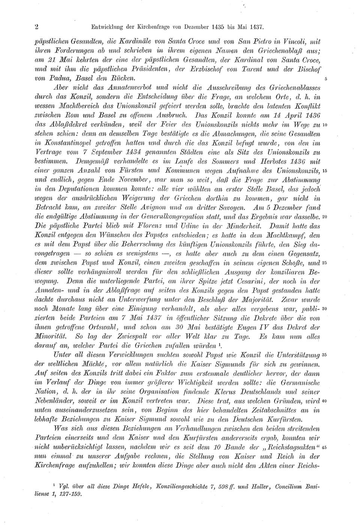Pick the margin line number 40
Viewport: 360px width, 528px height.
click(325, 401)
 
